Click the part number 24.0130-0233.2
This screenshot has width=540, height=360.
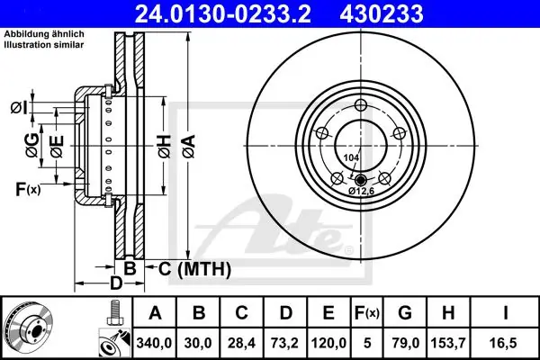click(223, 13)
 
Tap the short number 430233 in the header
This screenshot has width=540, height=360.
click(382, 13)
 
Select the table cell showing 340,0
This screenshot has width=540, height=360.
click(154, 343)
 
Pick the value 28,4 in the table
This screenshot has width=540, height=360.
click(241, 343)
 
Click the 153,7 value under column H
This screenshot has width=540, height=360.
click(448, 343)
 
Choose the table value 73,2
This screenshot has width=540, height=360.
click(285, 343)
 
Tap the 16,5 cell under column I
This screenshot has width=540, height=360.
click(505, 343)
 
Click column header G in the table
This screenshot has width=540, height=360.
click(405, 313)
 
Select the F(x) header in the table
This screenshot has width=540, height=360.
click(367, 313)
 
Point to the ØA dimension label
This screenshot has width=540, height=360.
click(189, 147)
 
